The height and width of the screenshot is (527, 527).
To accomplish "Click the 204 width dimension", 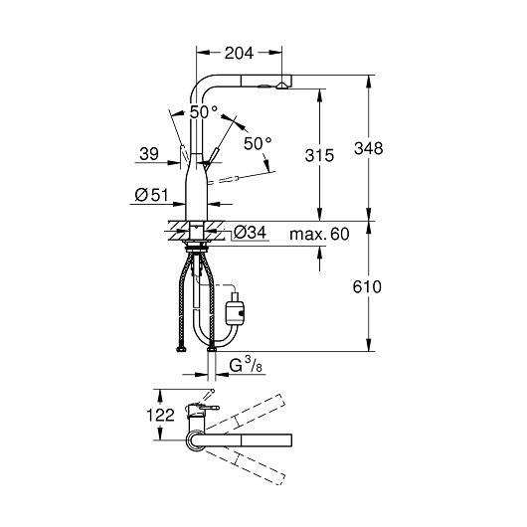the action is pyautogui.click(x=239, y=53).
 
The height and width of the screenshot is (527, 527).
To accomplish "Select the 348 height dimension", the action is pyautogui.click(x=368, y=148).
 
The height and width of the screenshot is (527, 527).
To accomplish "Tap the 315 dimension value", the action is pyautogui.click(x=319, y=155).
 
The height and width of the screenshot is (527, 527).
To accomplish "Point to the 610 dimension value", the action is pyautogui.click(x=367, y=287).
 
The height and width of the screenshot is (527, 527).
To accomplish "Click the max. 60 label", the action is pyautogui.click(x=319, y=234).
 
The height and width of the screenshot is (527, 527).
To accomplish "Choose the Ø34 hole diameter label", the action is pyautogui.click(x=250, y=233).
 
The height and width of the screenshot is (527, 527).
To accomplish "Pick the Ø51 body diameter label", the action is pyautogui.click(x=151, y=195).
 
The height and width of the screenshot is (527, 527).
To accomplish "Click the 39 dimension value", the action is pyautogui.click(x=149, y=154).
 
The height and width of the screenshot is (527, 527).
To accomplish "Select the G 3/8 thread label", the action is pyautogui.click(x=246, y=365).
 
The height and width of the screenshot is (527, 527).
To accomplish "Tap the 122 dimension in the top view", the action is pyautogui.click(x=161, y=415).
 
